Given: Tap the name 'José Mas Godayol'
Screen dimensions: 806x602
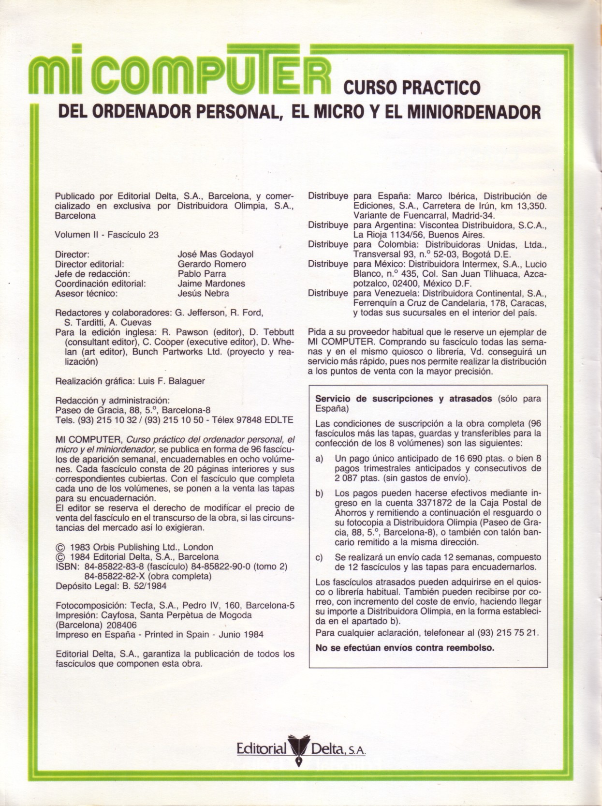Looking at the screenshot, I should [215, 254].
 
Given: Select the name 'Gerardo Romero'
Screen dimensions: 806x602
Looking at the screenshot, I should [212, 264].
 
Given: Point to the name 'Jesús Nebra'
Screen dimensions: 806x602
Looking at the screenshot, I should [203, 293].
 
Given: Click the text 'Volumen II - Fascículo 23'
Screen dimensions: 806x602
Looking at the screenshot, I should [107, 235].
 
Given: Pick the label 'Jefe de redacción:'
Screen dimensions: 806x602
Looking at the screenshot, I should [93, 273].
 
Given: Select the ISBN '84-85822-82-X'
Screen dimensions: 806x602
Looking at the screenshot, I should [115, 576].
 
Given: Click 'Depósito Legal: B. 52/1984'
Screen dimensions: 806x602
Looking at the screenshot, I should [111, 586].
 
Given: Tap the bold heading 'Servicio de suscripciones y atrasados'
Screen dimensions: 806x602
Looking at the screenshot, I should [403, 399].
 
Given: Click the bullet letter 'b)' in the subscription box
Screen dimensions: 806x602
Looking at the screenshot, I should [319, 493].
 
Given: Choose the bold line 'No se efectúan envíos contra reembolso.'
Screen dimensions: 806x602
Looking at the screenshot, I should [405, 647].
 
